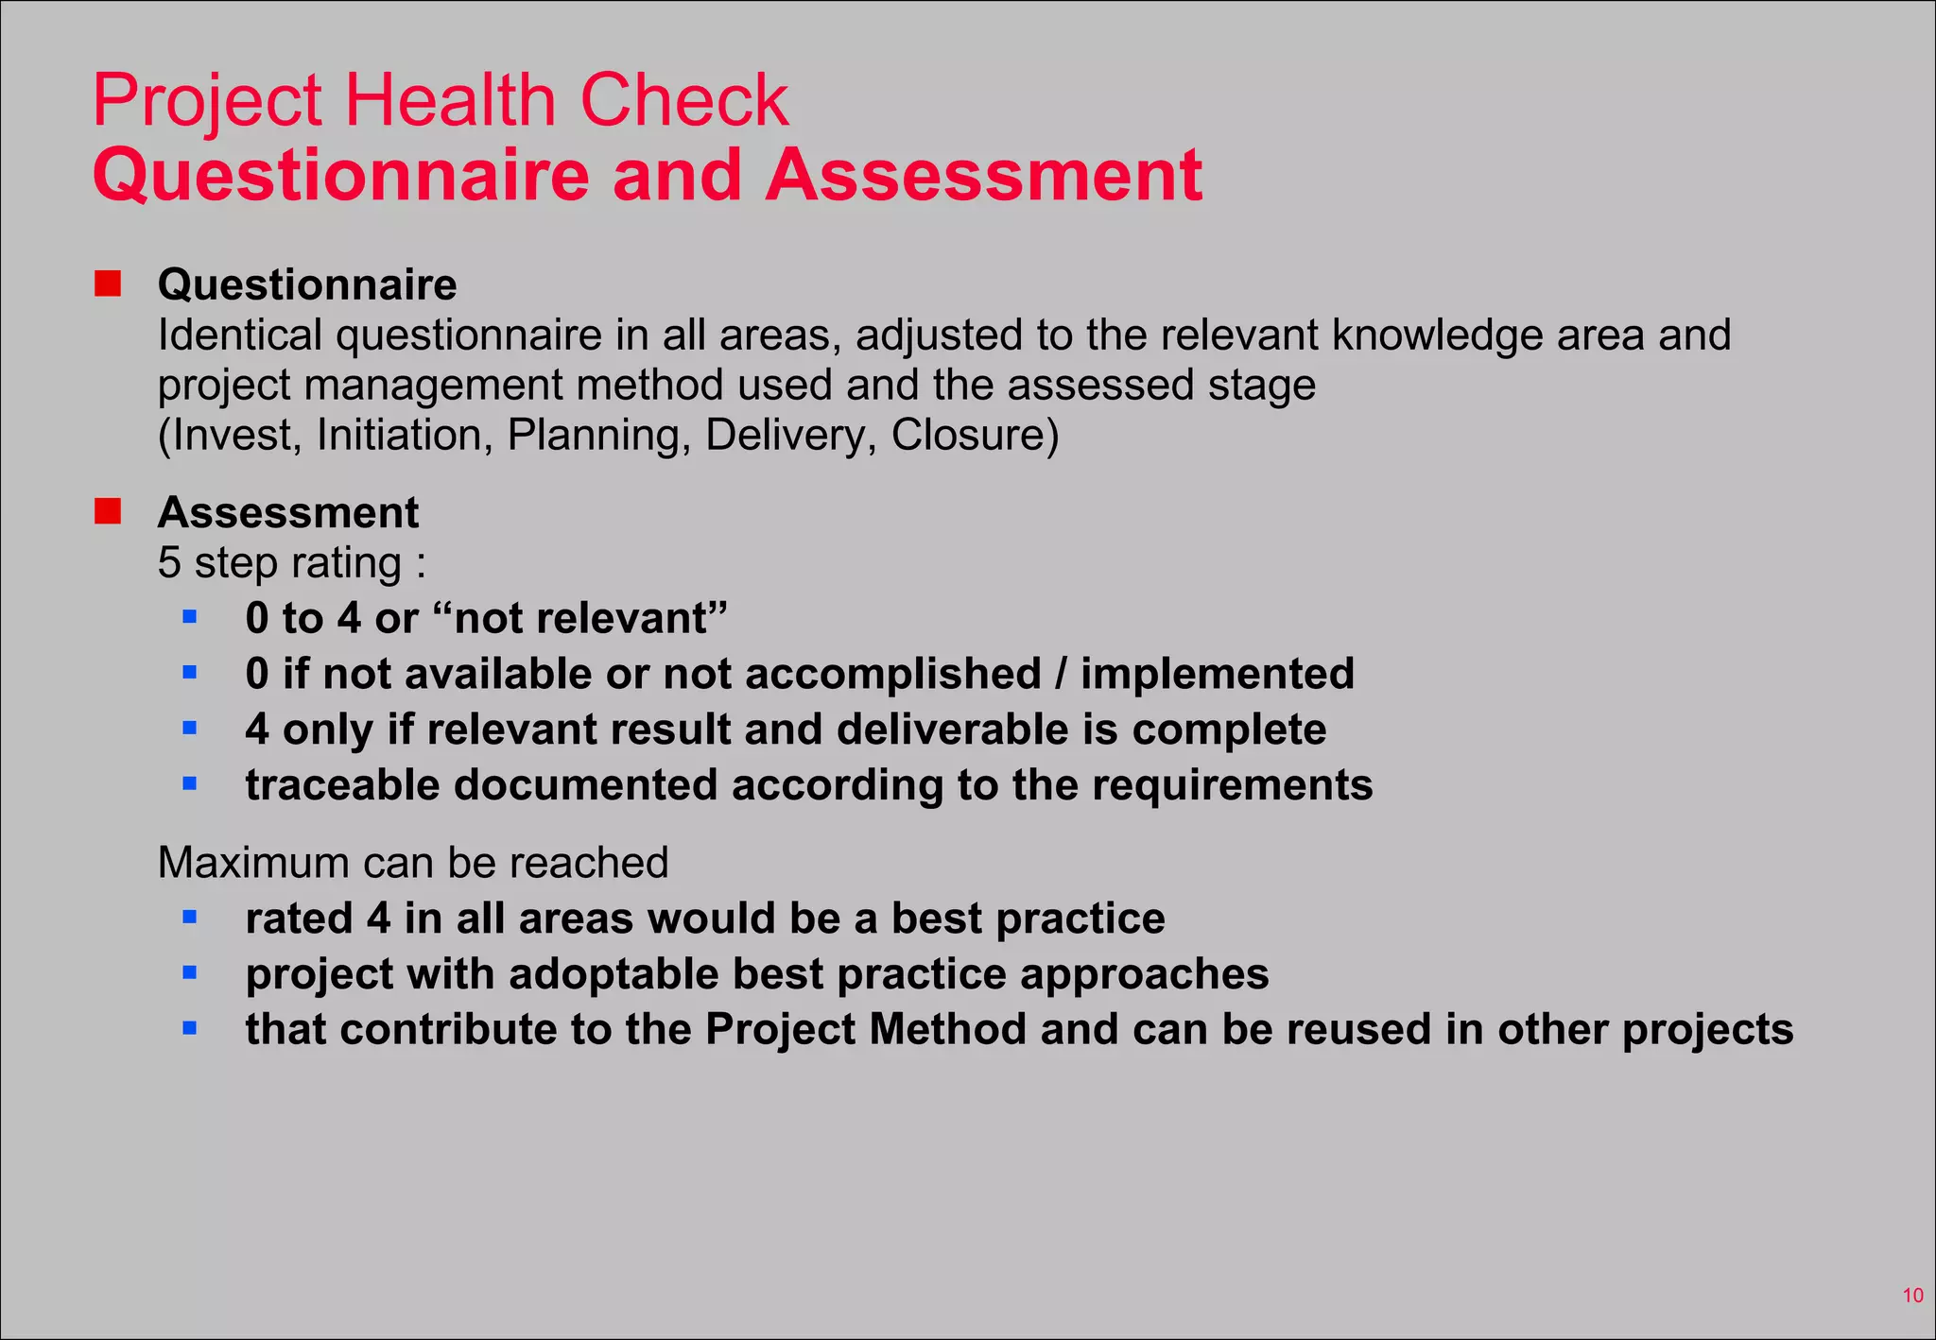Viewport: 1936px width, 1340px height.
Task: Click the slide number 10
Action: coord(1912,1296)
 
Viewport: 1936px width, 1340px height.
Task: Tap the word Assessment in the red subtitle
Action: coord(983,176)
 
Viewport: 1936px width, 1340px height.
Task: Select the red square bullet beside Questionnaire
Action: coord(108,283)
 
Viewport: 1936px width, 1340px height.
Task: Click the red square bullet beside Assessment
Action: coord(108,511)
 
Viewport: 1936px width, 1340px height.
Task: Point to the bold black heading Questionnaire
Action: coord(307,284)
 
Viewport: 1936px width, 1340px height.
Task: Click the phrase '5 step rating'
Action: coord(281,563)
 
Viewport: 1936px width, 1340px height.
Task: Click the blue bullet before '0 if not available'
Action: coord(190,673)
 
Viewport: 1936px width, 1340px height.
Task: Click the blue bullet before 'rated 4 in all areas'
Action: coord(190,917)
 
